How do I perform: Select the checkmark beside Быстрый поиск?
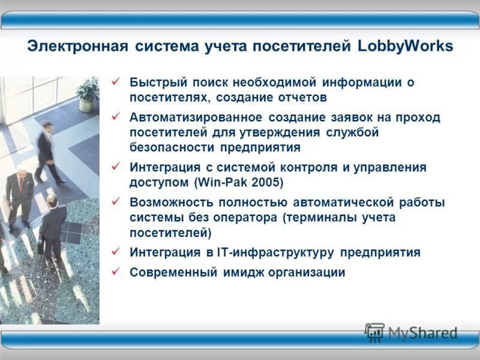117,82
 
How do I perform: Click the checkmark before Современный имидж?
117,272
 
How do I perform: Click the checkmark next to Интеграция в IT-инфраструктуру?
117,251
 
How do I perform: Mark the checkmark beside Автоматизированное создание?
117,117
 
